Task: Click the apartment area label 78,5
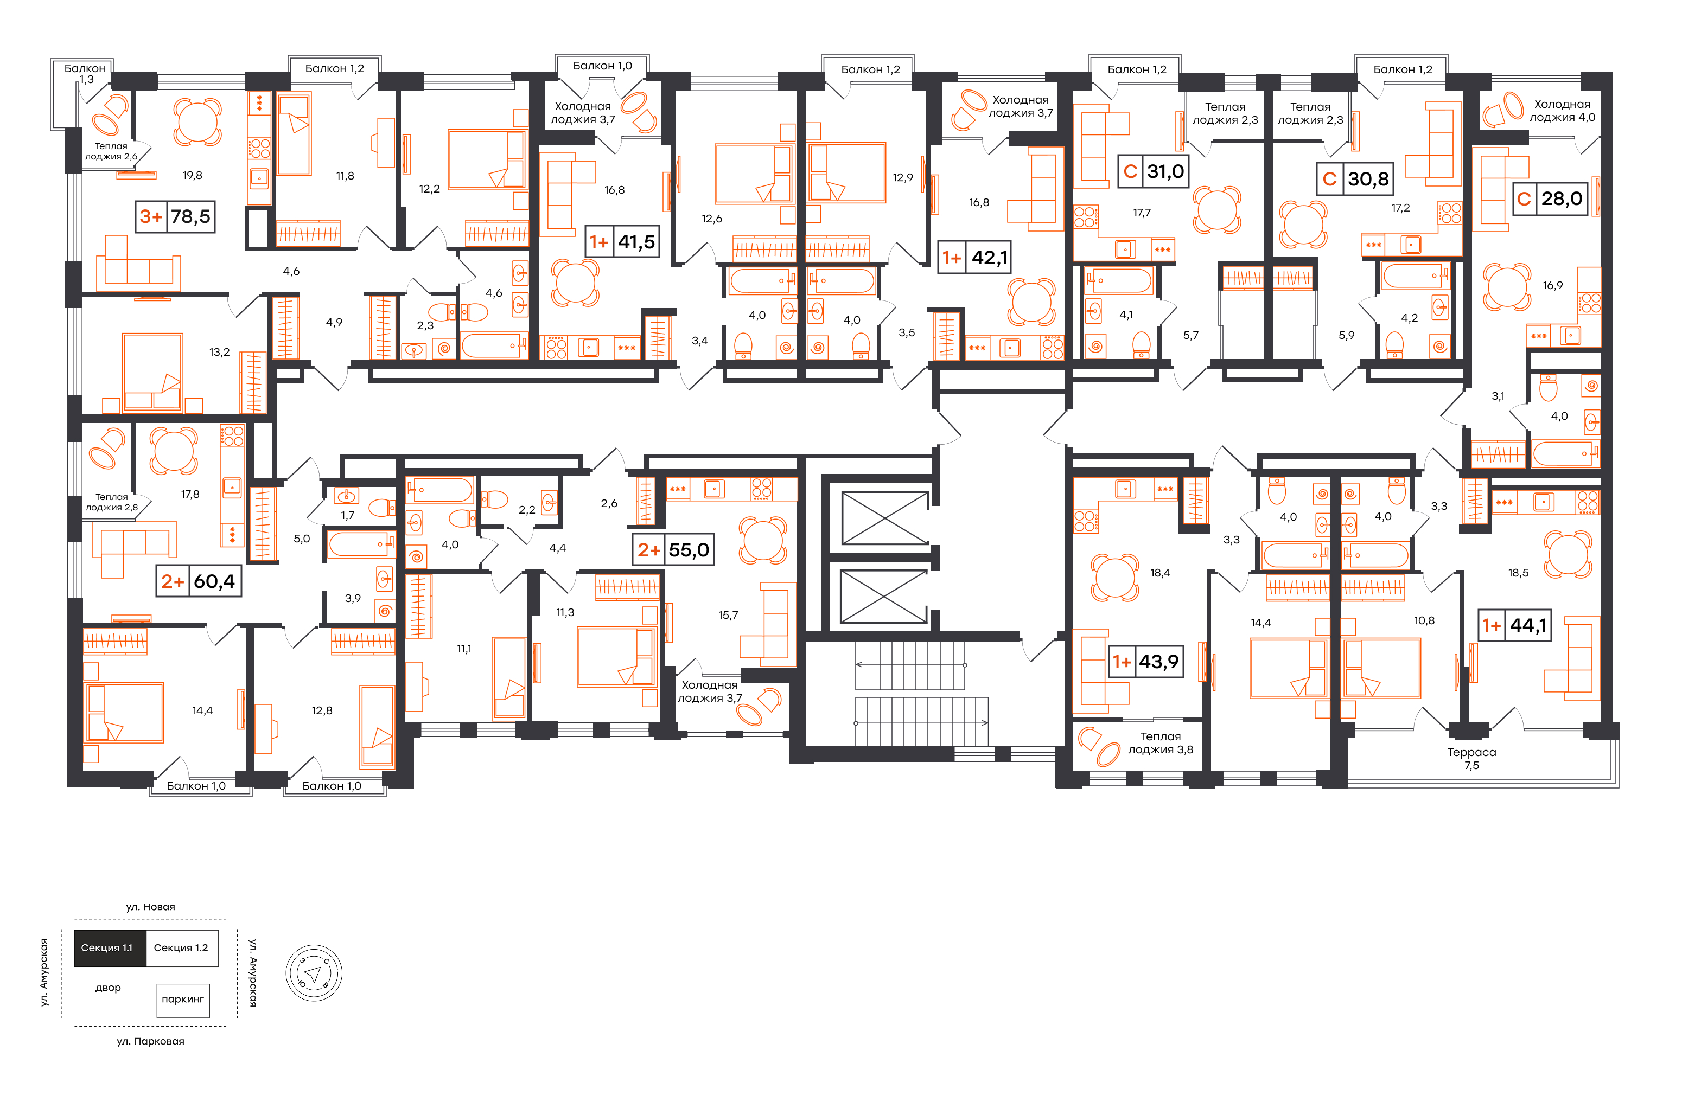click(191, 217)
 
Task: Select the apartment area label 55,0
click(689, 550)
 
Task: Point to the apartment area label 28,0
click(1562, 198)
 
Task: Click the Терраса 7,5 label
click(1471, 759)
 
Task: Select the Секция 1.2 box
click(182, 948)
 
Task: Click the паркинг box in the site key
click(183, 1000)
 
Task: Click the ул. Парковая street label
click(150, 1041)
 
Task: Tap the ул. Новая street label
click(150, 907)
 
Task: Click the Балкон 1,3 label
click(86, 73)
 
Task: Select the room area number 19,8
click(192, 175)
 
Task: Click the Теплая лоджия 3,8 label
click(1161, 743)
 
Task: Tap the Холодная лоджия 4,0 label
click(1563, 111)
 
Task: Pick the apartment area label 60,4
click(214, 581)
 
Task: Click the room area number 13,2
click(219, 352)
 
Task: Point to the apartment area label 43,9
click(1159, 662)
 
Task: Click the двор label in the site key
click(108, 988)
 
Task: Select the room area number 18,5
click(1518, 573)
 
